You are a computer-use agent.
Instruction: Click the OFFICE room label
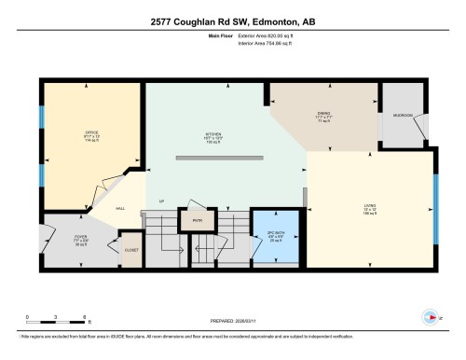point(91,132)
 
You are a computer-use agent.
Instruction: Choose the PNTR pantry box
point(197,221)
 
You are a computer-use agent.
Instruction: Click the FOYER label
point(81,237)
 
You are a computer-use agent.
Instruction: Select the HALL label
point(121,209)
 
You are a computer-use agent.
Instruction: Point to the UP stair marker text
point(161,201)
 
